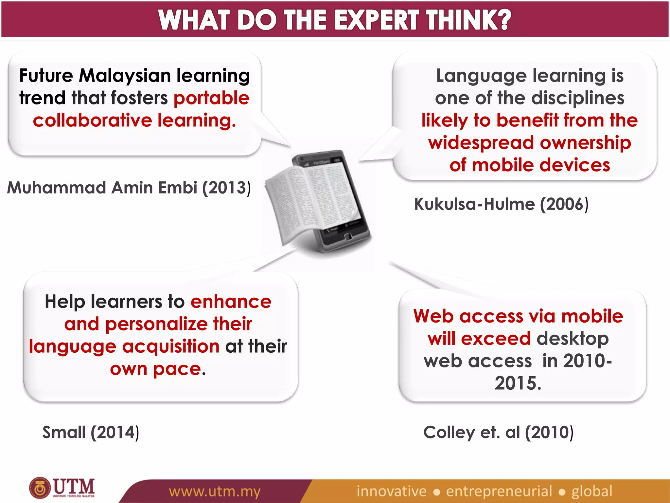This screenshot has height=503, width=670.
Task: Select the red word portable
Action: pos(211,98)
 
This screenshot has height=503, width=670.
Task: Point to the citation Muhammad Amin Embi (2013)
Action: pos(129,188)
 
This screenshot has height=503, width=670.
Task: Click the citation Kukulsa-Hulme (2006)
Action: pos(501,204)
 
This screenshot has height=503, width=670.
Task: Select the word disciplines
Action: pos(578,98)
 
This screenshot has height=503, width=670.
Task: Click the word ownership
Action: pos(585,143)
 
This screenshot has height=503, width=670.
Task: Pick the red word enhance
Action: pos(231,301)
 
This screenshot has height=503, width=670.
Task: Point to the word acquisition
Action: pos(170,346)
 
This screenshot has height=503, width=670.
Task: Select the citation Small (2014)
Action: pos(91,432)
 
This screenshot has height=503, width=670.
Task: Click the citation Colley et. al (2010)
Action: pos(498,432)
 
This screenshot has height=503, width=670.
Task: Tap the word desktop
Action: pos(573,339)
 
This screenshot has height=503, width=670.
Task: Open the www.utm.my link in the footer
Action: pos(215,491)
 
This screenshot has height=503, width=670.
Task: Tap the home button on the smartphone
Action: pos(348,236)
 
